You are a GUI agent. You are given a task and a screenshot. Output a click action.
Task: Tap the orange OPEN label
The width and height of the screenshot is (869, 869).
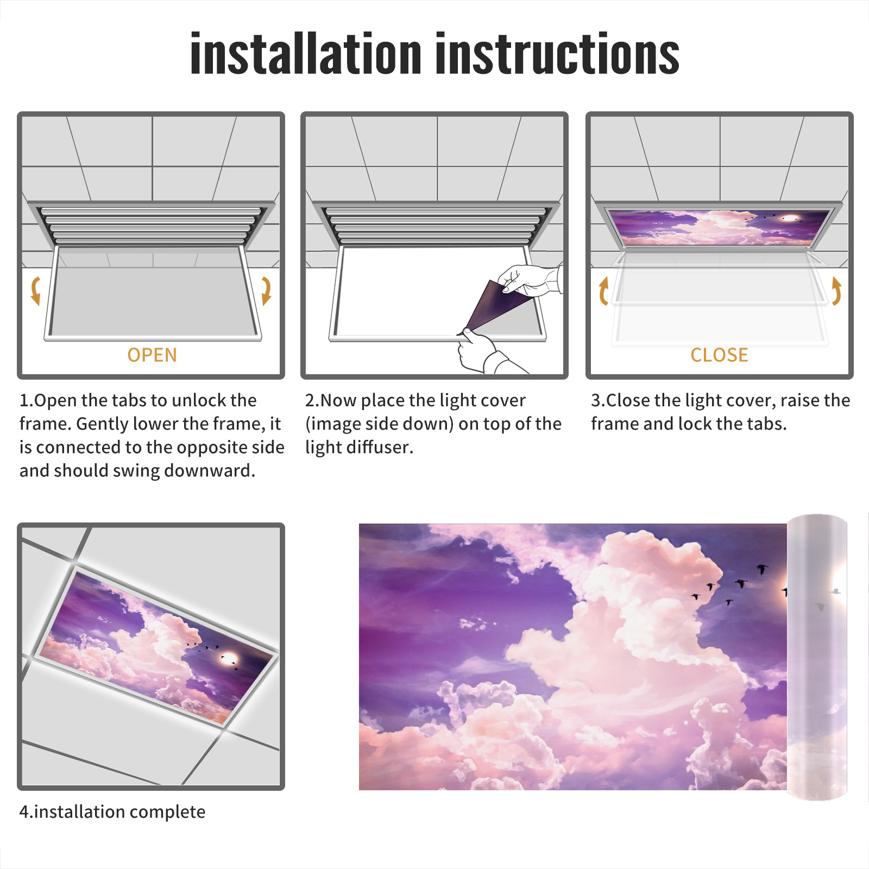tap(152, 355)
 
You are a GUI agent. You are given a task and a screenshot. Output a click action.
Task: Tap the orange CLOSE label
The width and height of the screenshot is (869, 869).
tap(719, 355)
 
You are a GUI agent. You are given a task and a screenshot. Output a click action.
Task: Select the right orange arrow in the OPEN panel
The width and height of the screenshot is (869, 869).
tap(266, 291)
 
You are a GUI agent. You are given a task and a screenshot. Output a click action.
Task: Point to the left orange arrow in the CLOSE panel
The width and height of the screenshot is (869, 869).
tap(603, 291)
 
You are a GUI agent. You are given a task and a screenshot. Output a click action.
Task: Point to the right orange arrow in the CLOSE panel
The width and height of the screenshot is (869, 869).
tap(836, 291)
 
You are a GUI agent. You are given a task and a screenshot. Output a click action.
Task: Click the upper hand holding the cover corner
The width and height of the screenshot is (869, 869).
tap(530, 280)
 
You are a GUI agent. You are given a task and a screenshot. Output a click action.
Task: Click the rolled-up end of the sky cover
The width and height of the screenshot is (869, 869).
tap(817, 657)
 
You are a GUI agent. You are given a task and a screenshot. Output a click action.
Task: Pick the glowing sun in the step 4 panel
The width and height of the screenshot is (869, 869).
tap(229, 659)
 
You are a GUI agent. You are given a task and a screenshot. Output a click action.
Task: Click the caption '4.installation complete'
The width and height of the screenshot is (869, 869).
tap(112, 811)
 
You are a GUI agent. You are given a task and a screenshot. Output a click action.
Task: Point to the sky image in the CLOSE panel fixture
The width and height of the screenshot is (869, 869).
tap(719, 228)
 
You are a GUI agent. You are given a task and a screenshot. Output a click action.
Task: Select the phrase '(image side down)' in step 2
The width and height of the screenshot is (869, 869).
tap(379, 424)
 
